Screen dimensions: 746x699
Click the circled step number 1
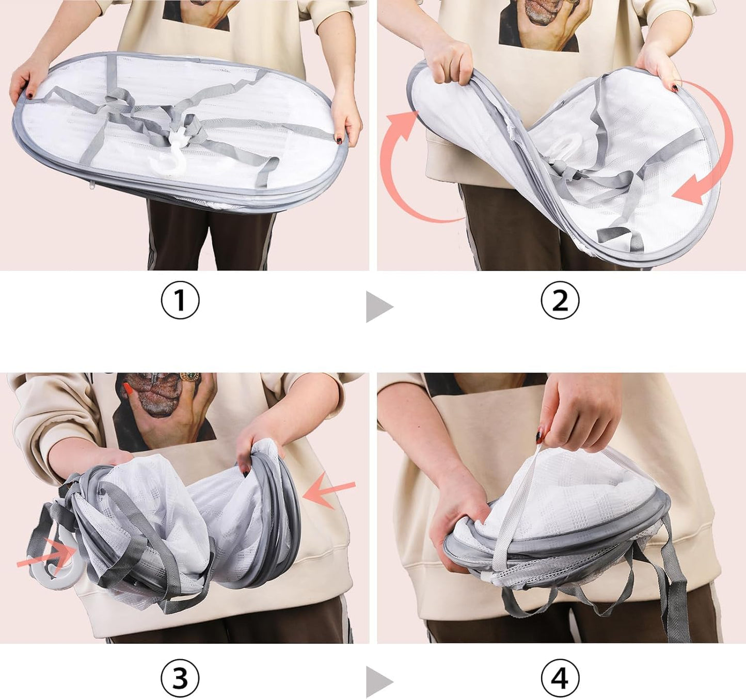[x=180, y=300]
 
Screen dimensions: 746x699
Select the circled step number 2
[x=560, y=300]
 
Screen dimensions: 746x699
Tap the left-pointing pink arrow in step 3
[x=329, y=490]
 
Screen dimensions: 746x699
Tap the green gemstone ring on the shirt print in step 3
[x=190, y=377]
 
